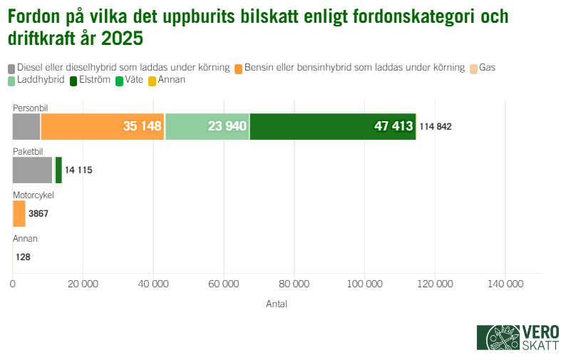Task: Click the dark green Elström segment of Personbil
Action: tap(333, 126)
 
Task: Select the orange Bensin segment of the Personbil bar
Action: tap(103, 126)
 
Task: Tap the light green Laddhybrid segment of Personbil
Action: tap(207, 126)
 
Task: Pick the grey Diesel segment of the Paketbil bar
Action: tap(33, 170)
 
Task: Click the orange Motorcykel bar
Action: tap(19, 214)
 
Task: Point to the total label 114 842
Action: tap(435, 127)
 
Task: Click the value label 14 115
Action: tap(78, 170)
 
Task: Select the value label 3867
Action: tap(38, 214)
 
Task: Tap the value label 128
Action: tap(23, 257)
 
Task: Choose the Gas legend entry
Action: tap(487, 68)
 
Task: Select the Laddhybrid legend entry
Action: tap(41, 80)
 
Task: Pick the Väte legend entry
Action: tap(133, 80)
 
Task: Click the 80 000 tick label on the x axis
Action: tap(294, 284)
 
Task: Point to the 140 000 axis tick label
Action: tap(505, 284)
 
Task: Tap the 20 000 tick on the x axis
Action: tap(83, 284)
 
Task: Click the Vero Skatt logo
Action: tap(518, 336)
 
